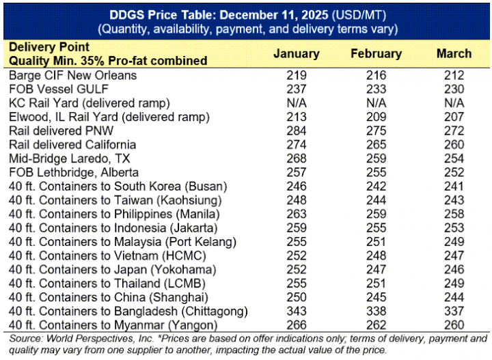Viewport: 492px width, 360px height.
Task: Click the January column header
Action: pyautogui.click(x=296, y=54)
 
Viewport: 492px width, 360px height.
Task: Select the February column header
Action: pyautogui.click(x=376, y=54)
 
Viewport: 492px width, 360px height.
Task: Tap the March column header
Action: pyautogui.click(x=454, y=54)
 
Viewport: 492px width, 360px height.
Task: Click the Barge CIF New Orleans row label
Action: pyautogui.click(x=72, y=76)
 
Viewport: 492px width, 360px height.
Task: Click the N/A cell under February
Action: pyautogui.click(x=376, y=103)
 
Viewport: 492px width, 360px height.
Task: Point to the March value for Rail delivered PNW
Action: pyautogui.click(x=454, y=131)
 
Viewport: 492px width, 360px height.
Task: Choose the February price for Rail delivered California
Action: pyautogui.click(x=376, y=145)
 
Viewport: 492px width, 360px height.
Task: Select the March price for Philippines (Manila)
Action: pyautogui.click(x=454, y=214)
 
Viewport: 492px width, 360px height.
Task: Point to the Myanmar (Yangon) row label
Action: pyautogui.click(x=115, y=324)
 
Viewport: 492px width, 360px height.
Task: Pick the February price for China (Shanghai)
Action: pyautogui.click(x=376, y=297)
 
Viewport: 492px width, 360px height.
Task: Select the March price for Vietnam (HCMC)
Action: pyautogui.click(x=454, y=255)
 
